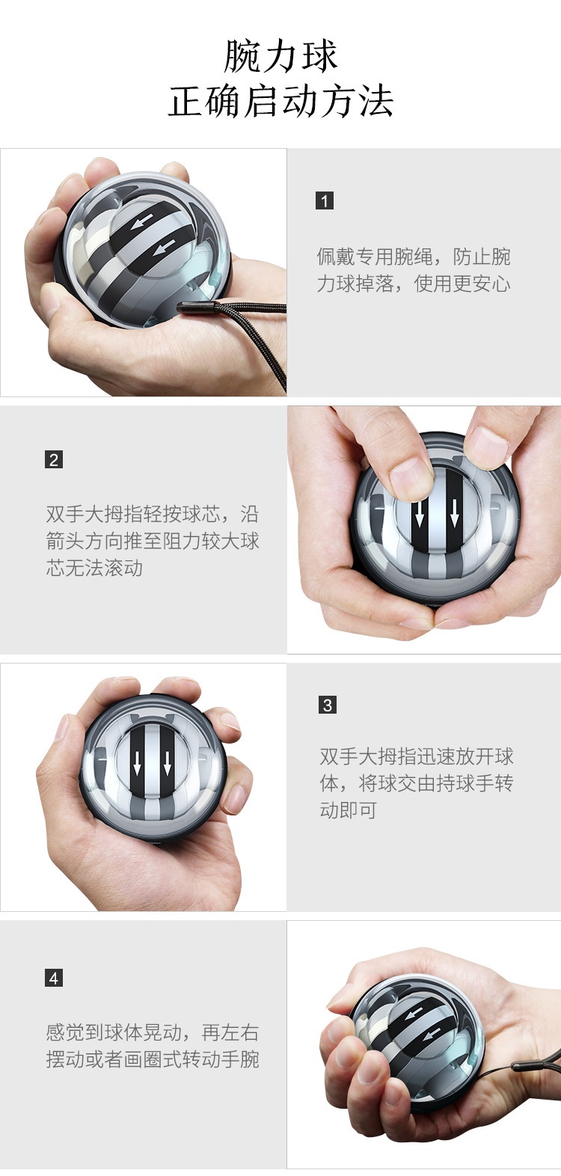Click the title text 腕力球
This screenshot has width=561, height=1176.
click(x=280, y=56)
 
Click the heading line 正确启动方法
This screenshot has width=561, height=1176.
click(x=280, y=101)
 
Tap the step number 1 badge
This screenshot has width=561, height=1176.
click(x=325, y=200)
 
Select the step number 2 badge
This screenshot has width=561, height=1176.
click(x=54, y=459)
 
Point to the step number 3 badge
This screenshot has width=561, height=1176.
click(x=328, y=705)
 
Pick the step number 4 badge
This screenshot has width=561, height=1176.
click(x=54, y=978)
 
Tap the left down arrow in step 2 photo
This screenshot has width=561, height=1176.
click(x=420, y=514)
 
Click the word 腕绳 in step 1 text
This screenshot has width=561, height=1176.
click(x=414, y=257)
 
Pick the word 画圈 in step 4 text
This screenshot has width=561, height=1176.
click(x=143, y=1059)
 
